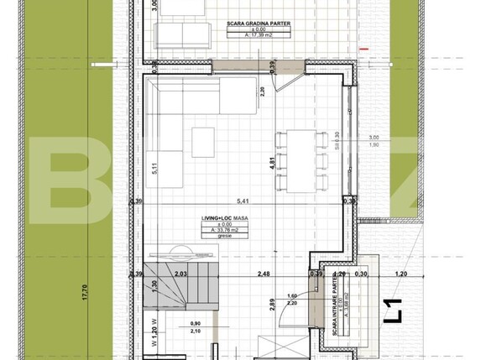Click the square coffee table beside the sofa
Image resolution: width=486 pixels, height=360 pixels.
[203, 138]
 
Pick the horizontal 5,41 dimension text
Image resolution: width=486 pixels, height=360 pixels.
[243, 201]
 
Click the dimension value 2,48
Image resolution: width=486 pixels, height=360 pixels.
[264, 274]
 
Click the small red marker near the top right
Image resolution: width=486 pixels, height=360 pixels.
[363, 50]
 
